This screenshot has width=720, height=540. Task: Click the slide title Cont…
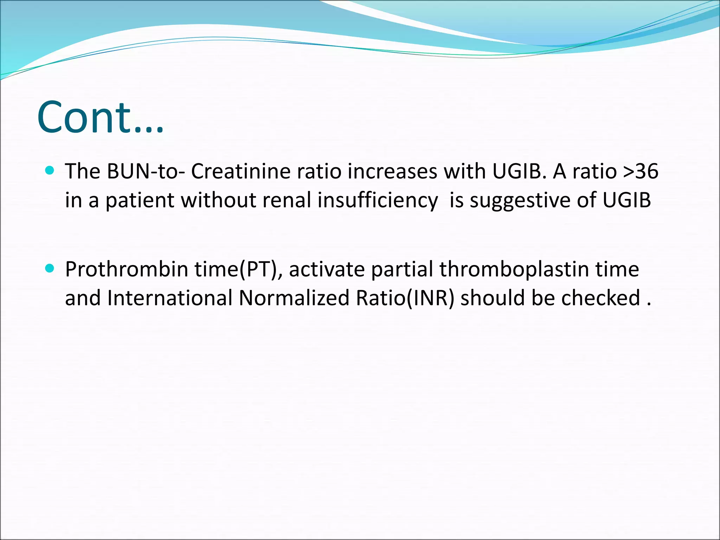click(x=100, y=118)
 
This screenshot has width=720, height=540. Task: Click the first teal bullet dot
click(x=50, y=171)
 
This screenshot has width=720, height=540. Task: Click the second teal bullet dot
click(x=50, y=269)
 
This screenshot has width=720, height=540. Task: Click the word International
click(x=170, y=298)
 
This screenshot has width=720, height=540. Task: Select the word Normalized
click(x=294, y=298)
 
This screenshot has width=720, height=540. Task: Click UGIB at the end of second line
click(x=626, y=200)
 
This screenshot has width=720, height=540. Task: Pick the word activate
click(x=327, y=270)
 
